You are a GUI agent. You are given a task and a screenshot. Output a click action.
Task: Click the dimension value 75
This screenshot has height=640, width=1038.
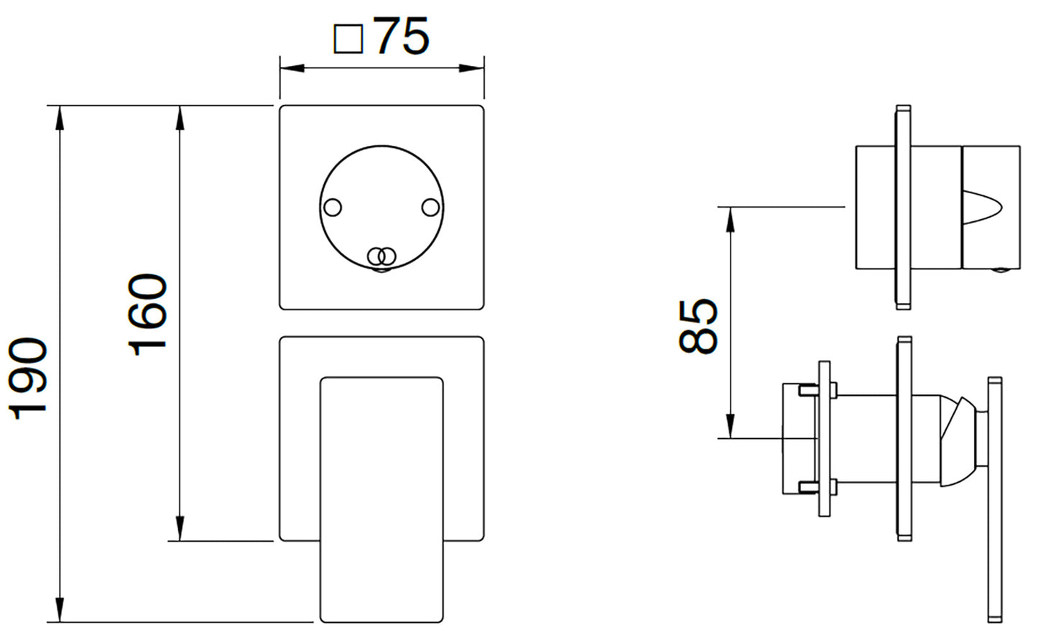pos(402,36)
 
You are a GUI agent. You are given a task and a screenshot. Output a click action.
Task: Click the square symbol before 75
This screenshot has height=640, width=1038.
pos(348,39)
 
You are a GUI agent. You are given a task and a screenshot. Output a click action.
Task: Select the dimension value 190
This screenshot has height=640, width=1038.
pos(28,378)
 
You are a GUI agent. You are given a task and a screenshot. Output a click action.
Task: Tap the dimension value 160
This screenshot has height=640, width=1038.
pos(147,315)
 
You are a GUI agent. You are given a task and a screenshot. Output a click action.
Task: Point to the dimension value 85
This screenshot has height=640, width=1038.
pos(698,327)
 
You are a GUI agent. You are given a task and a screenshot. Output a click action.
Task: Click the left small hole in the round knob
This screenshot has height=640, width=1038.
pos(333,207)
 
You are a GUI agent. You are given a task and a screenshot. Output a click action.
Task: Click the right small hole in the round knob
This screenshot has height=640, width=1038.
pos(430,207)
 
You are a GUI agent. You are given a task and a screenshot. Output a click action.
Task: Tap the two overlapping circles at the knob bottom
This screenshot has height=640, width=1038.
pos(382,256)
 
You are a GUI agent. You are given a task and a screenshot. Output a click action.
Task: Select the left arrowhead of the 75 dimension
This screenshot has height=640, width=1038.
pos(292,68)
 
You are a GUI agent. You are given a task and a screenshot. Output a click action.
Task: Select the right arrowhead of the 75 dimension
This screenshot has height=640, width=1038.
pos(471,68)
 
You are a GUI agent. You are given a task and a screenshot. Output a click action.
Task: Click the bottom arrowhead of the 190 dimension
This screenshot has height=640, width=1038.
pos(60,609)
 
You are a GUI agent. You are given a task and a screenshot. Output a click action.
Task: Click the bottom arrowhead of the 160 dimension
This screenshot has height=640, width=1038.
pos(180,529)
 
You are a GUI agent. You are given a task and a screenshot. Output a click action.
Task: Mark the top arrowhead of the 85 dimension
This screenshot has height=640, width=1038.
pos(731,220)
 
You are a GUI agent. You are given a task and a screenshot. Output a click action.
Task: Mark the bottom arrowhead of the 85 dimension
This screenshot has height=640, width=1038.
pos(731,425)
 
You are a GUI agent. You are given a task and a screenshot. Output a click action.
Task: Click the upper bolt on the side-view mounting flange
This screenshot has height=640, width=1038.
pos(817,390)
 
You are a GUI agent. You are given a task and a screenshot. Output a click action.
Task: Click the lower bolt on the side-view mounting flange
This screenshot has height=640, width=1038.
pos(817,487)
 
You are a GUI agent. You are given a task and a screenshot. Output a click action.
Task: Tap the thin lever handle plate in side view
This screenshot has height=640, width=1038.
pos(995,500)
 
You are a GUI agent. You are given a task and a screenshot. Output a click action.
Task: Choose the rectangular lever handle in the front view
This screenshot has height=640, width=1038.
pos(381,500)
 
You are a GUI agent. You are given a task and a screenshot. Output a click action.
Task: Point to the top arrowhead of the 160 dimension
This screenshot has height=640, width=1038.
pos(180,119)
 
